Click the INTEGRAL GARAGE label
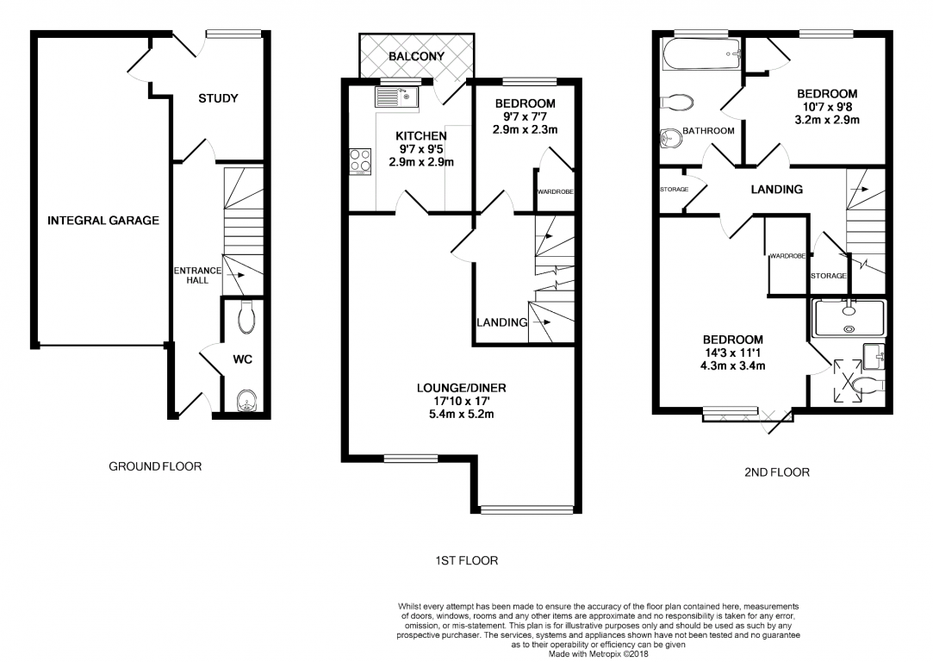tap(103, 221)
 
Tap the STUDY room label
tap(218, 98)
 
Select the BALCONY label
tap(416, 57)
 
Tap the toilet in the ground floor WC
tap(246, 316)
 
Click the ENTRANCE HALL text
tap(197, 275)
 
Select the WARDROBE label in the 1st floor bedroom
tap(556, 191)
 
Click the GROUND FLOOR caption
tap(155, 466)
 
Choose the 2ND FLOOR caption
tap(776, 472)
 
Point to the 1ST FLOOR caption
tap(466, 560)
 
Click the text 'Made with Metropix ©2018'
tap(599, 653)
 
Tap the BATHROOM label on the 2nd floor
tap(708, 131)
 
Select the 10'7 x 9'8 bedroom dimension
tap(826, 108)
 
